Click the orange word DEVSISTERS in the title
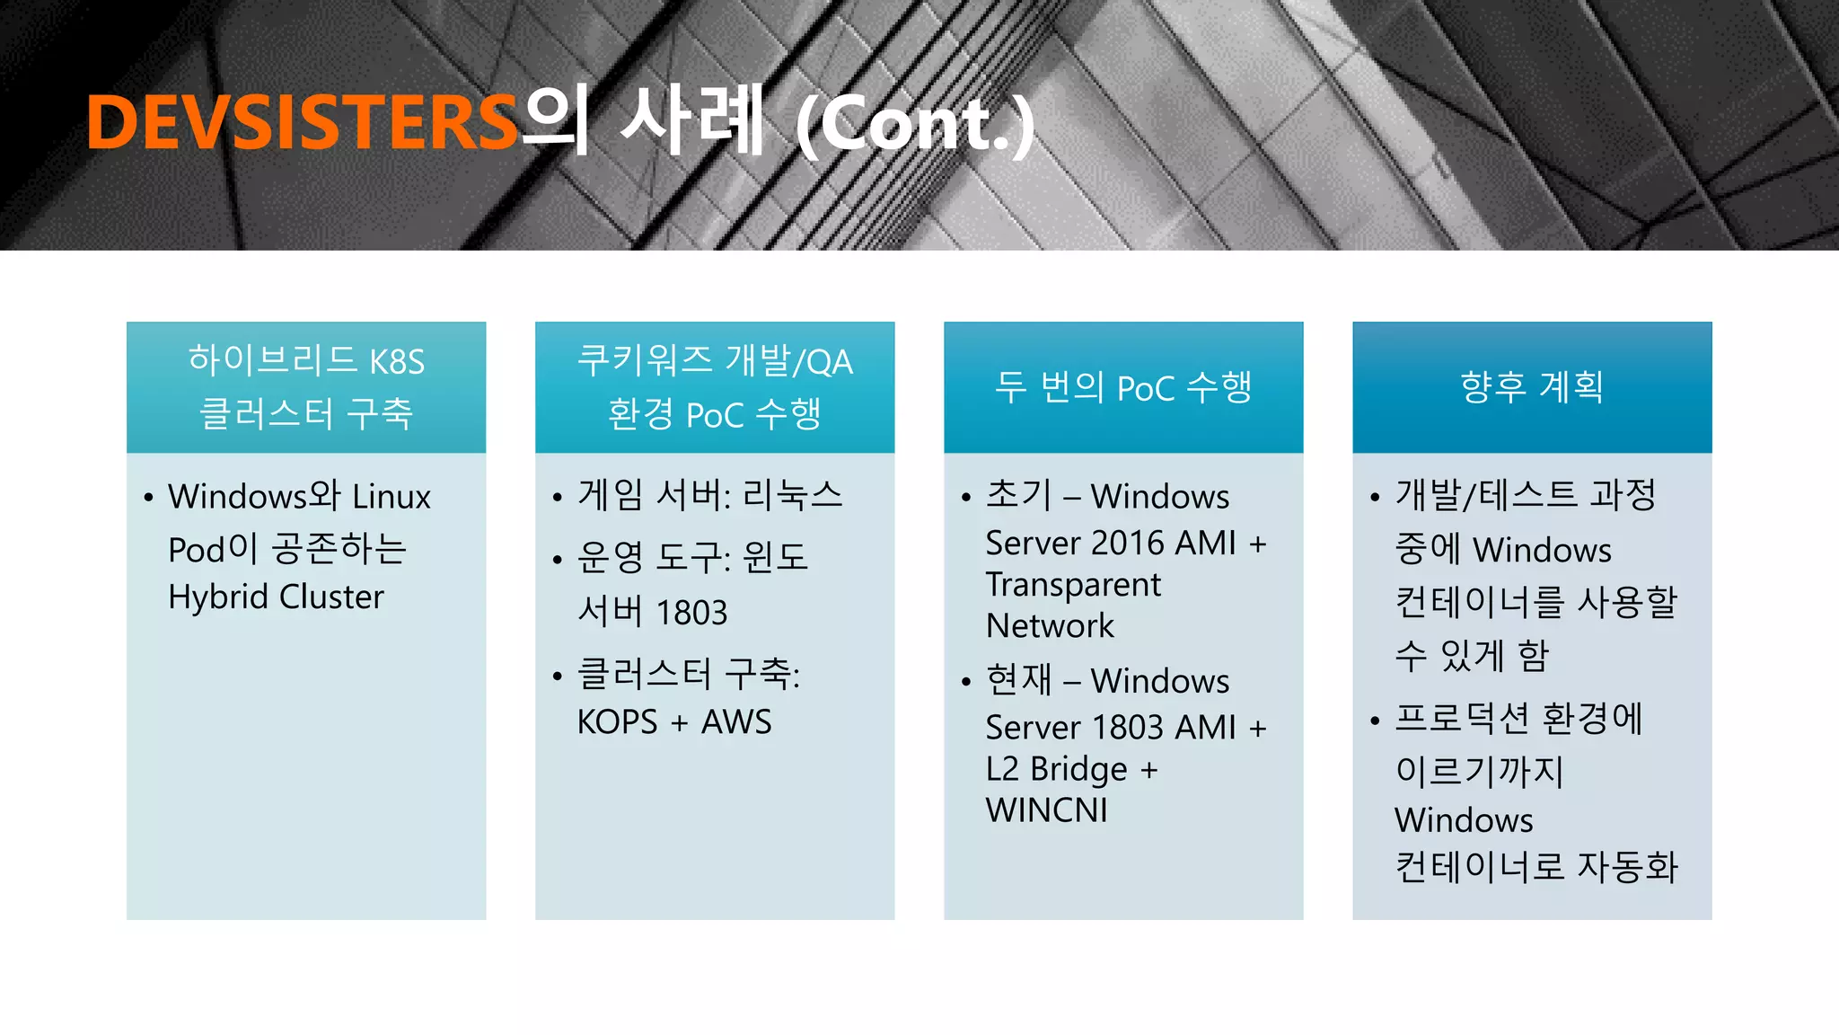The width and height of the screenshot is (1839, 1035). click(x=302, y=122)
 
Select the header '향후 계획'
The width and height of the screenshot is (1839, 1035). click(x=1532, y=387)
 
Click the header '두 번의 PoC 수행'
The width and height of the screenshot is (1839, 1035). click(x=1123, y=387)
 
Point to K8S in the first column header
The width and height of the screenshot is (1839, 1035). click(x=397, y=361)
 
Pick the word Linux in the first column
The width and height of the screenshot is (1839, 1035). click(x=391, y=497)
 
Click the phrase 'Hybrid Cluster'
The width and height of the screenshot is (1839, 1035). click(x=276, y=597)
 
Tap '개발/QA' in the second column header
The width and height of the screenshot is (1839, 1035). click(x=789, y=361)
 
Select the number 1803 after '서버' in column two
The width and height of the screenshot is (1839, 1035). click(x=691, y=613)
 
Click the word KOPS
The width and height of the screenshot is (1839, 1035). click(x=617, y=722)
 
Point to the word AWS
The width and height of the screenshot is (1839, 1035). click(x=736, y=722)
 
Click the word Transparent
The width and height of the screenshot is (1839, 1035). click(x=1073, y=585)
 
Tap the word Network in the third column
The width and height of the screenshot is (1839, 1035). click(x=1050, y=626)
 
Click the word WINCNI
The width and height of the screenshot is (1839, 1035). click(x=1046, y=811)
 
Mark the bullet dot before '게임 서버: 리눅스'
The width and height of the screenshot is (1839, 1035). click(x=558, y=497)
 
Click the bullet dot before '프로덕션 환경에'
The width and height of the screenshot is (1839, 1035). click(x=1375, y=721)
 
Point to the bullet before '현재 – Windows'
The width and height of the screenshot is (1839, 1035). click(x=966, y=683)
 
